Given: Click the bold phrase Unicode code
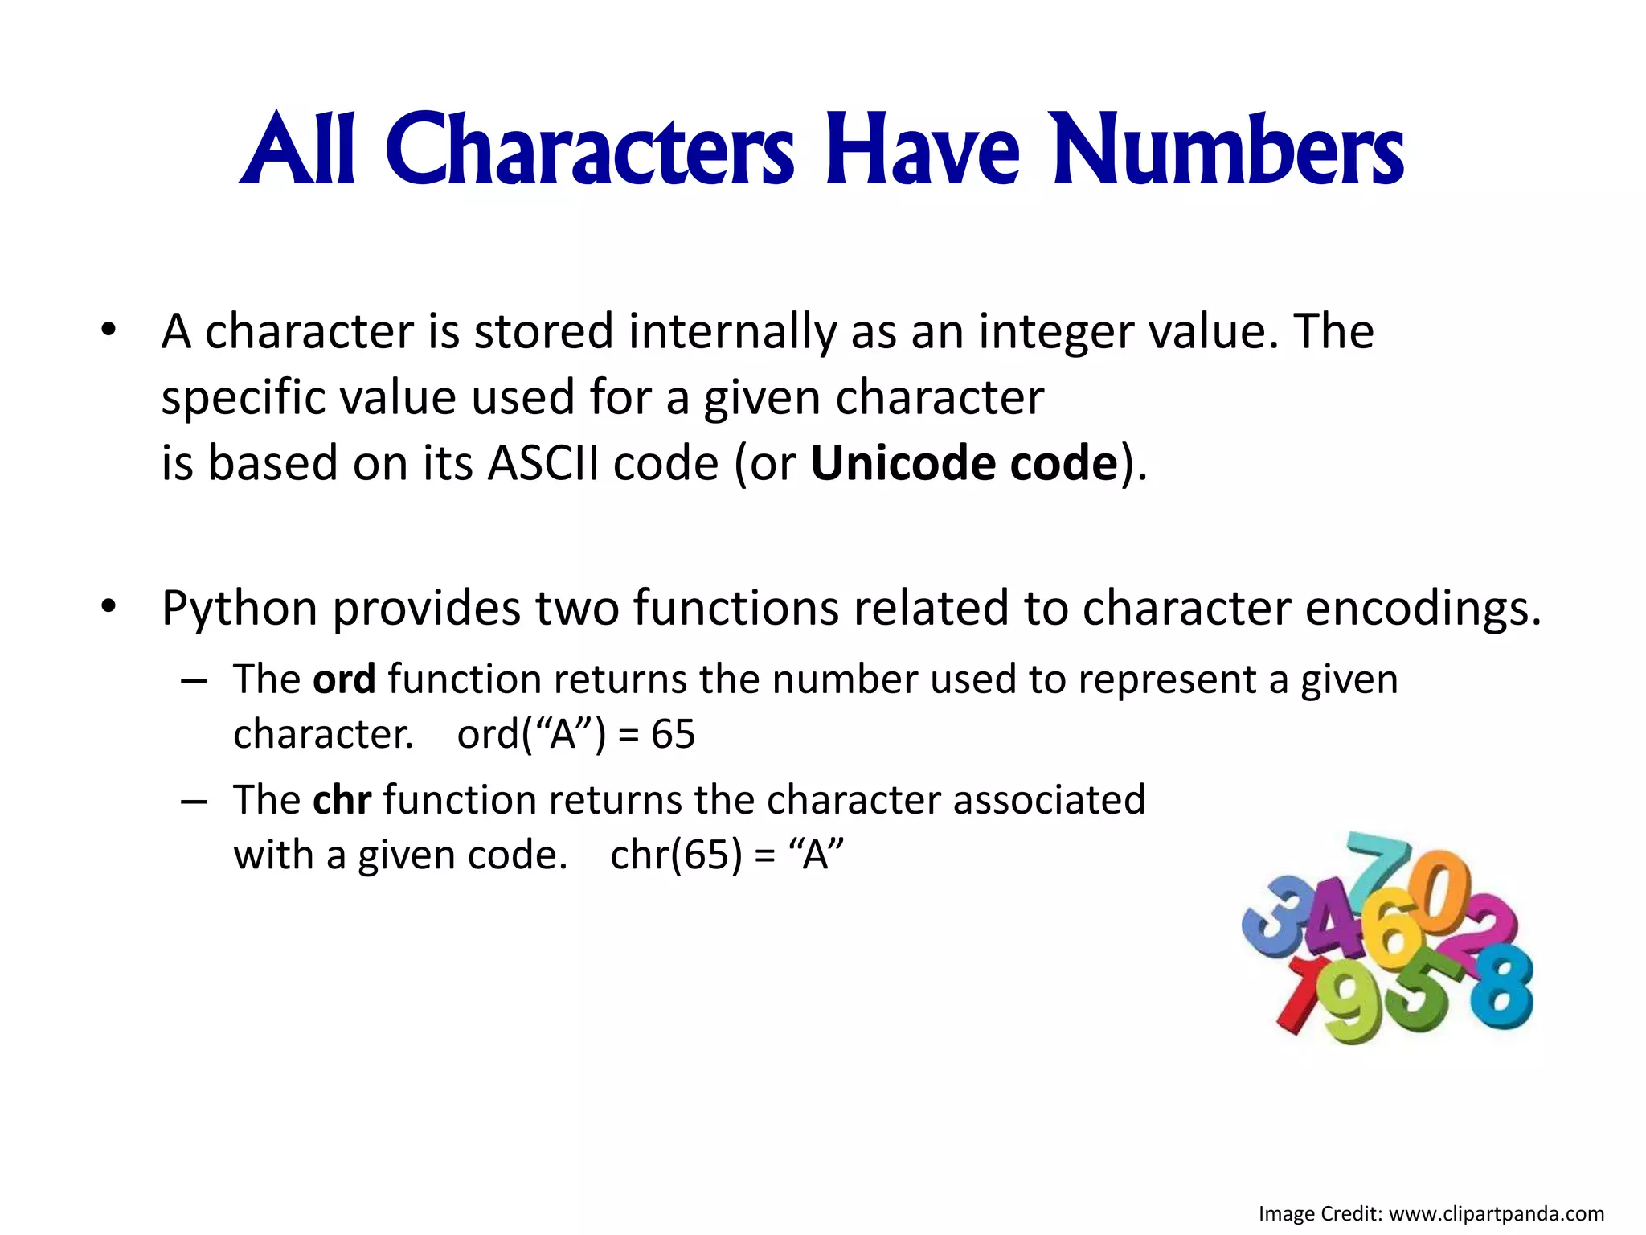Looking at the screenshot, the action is tap(964, 464).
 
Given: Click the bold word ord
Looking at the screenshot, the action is tap(344, 679).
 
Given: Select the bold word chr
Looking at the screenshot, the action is tap(342, 800).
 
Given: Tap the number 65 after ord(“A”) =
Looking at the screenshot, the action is tap(673, 734).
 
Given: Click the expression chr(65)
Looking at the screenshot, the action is tap(676, 855).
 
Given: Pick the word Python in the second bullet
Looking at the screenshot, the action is tap(240, 608).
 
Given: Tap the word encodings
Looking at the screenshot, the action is tap(1423, 608).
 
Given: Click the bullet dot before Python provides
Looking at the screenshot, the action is tap(109, 606).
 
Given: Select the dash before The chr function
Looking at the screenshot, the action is tap(194, 801).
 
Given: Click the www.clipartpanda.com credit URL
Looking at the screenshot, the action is tap(1496, 1213).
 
